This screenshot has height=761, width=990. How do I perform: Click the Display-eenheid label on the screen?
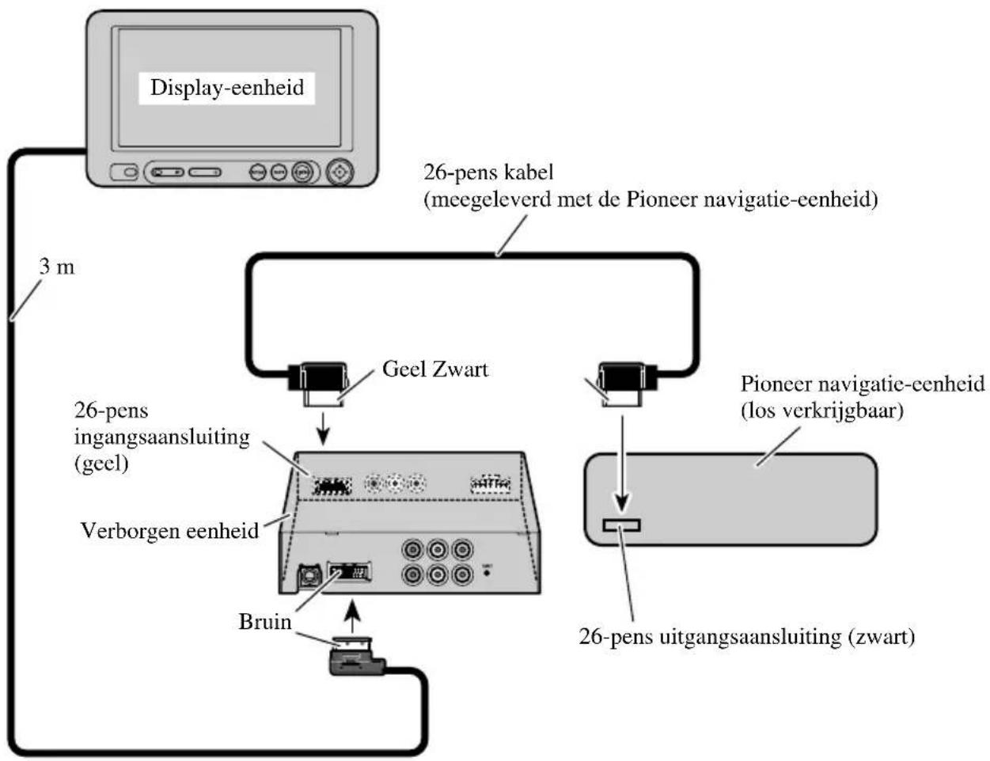tap(227, 87)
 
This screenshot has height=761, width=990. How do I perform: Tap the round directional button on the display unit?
tap(339, 172)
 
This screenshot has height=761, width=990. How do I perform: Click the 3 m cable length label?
tap(57, 267)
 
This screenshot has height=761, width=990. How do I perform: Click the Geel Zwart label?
tap(435, 369)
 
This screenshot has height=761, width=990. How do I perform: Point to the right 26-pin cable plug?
tap(620, 381)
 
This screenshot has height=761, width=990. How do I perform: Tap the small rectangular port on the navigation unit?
tap(622, 525)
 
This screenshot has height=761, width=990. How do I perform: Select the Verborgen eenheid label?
tap(170, 530)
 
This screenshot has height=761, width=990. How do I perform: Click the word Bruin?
tap(265, 622)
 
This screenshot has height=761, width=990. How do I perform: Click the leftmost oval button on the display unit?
tap(124, 172)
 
